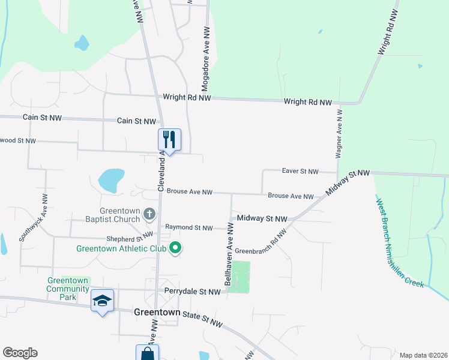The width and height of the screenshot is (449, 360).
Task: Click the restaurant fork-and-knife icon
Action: pyautogui.click(x=169, y=140)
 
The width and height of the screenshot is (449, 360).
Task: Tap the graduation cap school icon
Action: pyautogui.click(x=102, y=299)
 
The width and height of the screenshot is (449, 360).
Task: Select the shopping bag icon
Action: pyautogui.click(x=147, y=354)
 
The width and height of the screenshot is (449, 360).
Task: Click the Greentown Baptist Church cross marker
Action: pyautogui.click(x=149, y=213)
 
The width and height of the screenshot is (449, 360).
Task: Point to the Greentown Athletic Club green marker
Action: pyautogui.click(x=175, y=247)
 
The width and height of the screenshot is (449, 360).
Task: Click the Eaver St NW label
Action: pyautogui.click(x=300, y=172)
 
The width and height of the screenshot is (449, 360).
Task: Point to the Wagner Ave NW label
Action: pyautogui.click(x=339, y=134)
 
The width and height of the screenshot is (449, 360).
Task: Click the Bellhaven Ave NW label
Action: pyautogui.click(x=229, y=255)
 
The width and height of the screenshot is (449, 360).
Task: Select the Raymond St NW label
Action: pyautogui.click(x=189, y=228)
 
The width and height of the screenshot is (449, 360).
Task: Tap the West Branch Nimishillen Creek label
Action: pyautogui.click(x=401, y=242)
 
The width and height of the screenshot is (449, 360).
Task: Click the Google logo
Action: pyautogui.click(x=20, y=353)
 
